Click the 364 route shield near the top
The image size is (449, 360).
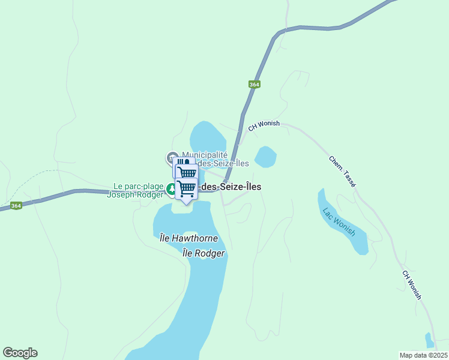coord(255,85)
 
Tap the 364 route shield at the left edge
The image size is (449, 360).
coord(16,206)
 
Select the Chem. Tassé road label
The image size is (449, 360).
coord(342,172)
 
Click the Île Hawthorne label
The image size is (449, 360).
coord(188,238)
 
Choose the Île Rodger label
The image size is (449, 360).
coord(203,253)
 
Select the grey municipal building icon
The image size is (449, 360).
coord(172,157)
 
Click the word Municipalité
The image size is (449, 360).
coord(205,155)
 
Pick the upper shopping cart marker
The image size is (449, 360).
coord(186,173)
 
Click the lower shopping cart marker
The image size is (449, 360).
coord(186,188)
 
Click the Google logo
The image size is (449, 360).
coord(20,353)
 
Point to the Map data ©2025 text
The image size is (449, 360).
coord(423,355)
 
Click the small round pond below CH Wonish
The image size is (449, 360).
coord(265,157)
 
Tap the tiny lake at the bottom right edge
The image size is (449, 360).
coord(429,341)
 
